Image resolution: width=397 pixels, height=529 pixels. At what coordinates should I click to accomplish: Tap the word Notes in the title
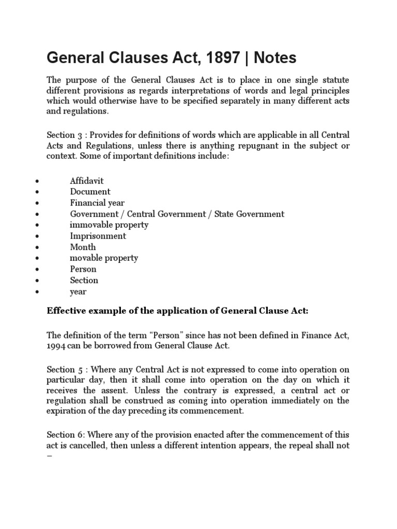tap(276, 58)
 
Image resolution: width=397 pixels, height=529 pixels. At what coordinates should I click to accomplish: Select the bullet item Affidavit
tap(87, 181)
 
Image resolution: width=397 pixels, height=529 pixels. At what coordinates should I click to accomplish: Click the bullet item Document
tap(90, 192)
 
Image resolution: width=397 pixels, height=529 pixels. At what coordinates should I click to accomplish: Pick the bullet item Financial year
tap(97, 203)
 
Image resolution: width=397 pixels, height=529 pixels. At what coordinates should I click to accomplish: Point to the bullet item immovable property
tap(109, 225)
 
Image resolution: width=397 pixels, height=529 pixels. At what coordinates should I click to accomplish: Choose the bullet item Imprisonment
tap(98, 236)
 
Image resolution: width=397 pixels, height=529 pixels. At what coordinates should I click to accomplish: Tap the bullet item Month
tap(83, 247)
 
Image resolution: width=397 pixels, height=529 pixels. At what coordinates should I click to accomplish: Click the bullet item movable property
tap(104, 258)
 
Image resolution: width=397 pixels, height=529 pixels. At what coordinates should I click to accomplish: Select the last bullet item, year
tap(78, 291)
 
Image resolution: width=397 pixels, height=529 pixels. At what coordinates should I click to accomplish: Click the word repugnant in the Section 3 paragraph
tap(263, 146)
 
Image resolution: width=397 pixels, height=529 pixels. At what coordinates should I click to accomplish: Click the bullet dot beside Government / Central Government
tap(37, 214)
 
